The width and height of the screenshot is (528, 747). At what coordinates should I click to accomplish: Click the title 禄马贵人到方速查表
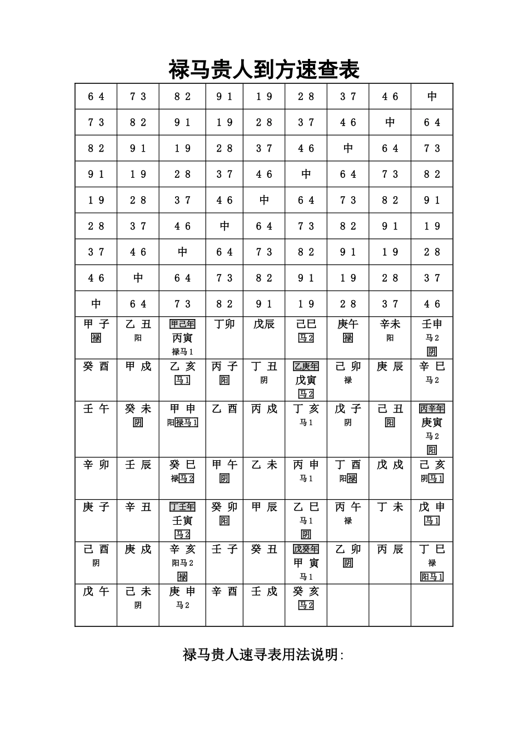(x=264, y=70)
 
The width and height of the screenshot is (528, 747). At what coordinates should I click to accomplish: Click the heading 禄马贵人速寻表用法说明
(x=263, y=655)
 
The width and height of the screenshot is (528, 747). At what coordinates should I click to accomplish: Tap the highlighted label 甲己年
(x=182, y=324)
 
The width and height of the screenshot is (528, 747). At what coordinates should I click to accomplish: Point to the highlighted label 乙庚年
(x=306, y=366)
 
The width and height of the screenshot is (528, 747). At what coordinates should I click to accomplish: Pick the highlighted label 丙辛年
(x=432, y=409)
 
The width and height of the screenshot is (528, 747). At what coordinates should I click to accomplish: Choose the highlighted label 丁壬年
(x=182, y=507)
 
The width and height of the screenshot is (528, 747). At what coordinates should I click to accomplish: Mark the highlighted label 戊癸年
(x=306, y=549)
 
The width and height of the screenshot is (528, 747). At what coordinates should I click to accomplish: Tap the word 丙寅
(x=182, y=338)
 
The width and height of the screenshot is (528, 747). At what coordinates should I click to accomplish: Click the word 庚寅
(x=432, y=422)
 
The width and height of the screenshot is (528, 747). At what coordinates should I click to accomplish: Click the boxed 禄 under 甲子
(x=96, y=338)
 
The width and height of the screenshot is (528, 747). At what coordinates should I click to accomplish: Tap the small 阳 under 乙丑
(x=138, y=338)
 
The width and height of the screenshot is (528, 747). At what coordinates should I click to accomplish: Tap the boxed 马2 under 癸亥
(x=306, y=605)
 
